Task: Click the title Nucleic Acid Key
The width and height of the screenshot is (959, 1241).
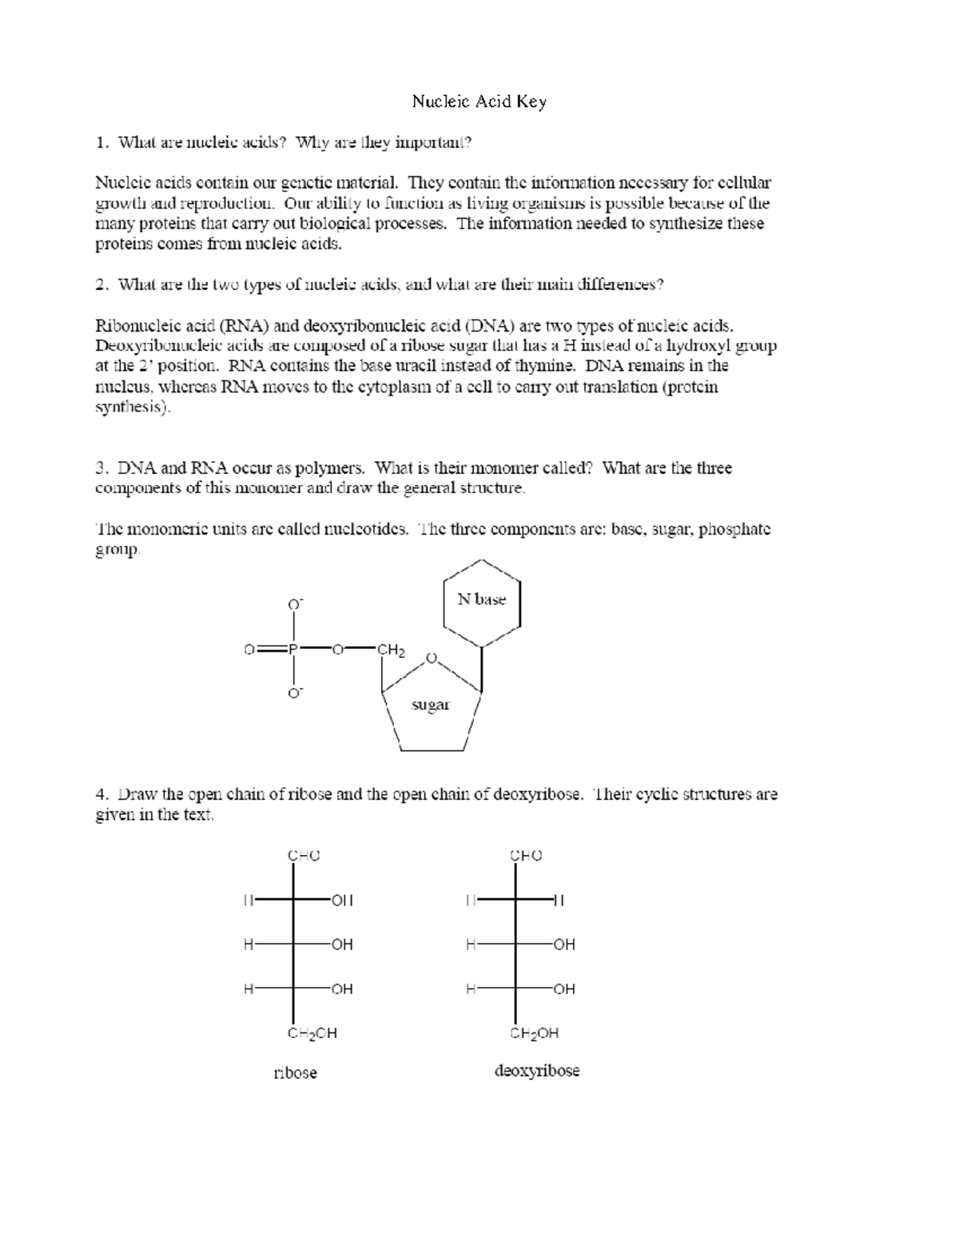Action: click(479, 101)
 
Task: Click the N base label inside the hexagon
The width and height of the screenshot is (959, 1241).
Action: click(481, 599)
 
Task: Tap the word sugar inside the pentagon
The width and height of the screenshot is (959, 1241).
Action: click(430, 705)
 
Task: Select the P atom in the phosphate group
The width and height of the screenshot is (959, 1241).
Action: click(293, 650)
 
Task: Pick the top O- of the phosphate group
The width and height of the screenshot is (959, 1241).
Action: click(294, 605)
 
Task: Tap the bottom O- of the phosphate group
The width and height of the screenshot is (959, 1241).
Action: click(294, 693)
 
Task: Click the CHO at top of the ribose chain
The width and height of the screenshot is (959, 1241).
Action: click(304, 855)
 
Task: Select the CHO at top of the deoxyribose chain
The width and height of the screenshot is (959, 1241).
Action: click(526, 855)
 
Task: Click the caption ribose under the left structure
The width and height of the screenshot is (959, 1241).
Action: click(295, 1072)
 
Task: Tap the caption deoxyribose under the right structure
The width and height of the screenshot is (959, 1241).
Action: click(537, 1071)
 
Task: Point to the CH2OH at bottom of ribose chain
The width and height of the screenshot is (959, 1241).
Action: click(312, 1033)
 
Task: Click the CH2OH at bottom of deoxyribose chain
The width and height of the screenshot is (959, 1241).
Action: click(534, 1033)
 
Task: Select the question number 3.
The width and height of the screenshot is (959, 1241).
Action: click(100, 468)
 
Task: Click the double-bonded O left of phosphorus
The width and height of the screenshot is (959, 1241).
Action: click(249, 650)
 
